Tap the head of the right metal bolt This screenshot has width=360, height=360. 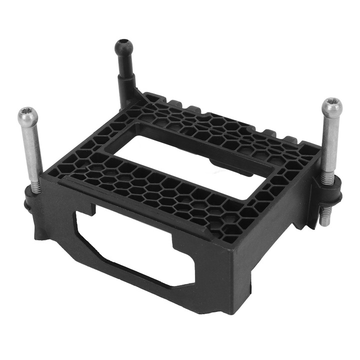pos(332,108)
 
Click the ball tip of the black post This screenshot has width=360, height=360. pos(123,48)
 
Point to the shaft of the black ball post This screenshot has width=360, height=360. pos(123,75)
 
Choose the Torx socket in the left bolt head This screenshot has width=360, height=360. pos(27,113)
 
